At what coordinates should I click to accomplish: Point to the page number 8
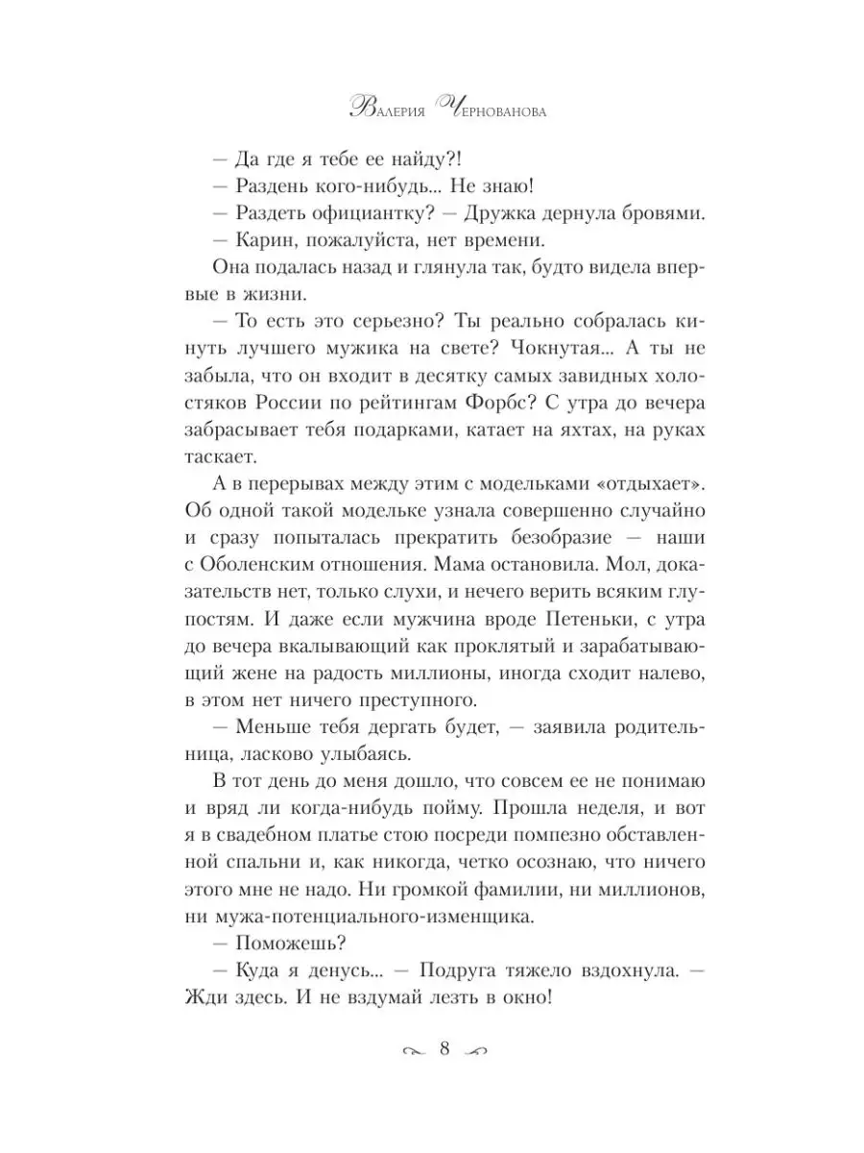444,1049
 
